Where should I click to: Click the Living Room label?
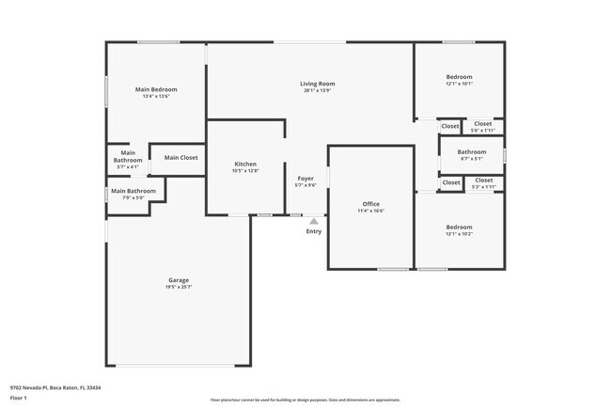318,84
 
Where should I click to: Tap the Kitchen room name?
244,164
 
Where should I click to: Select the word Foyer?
305,178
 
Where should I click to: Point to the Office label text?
370,203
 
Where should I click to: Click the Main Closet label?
180,157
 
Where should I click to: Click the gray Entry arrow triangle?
313,222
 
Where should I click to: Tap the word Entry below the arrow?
313,231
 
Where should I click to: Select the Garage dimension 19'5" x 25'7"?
179,287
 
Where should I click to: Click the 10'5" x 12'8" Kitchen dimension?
244,171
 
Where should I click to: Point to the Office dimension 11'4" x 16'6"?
370,211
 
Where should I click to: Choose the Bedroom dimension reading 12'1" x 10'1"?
459,84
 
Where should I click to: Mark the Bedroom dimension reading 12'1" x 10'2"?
459,234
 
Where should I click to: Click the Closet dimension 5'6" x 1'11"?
482,130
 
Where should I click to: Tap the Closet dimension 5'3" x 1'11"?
483,186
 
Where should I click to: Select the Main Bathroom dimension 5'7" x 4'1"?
127,166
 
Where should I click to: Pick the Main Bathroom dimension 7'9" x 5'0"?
133,197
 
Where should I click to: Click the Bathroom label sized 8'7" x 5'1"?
472,151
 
